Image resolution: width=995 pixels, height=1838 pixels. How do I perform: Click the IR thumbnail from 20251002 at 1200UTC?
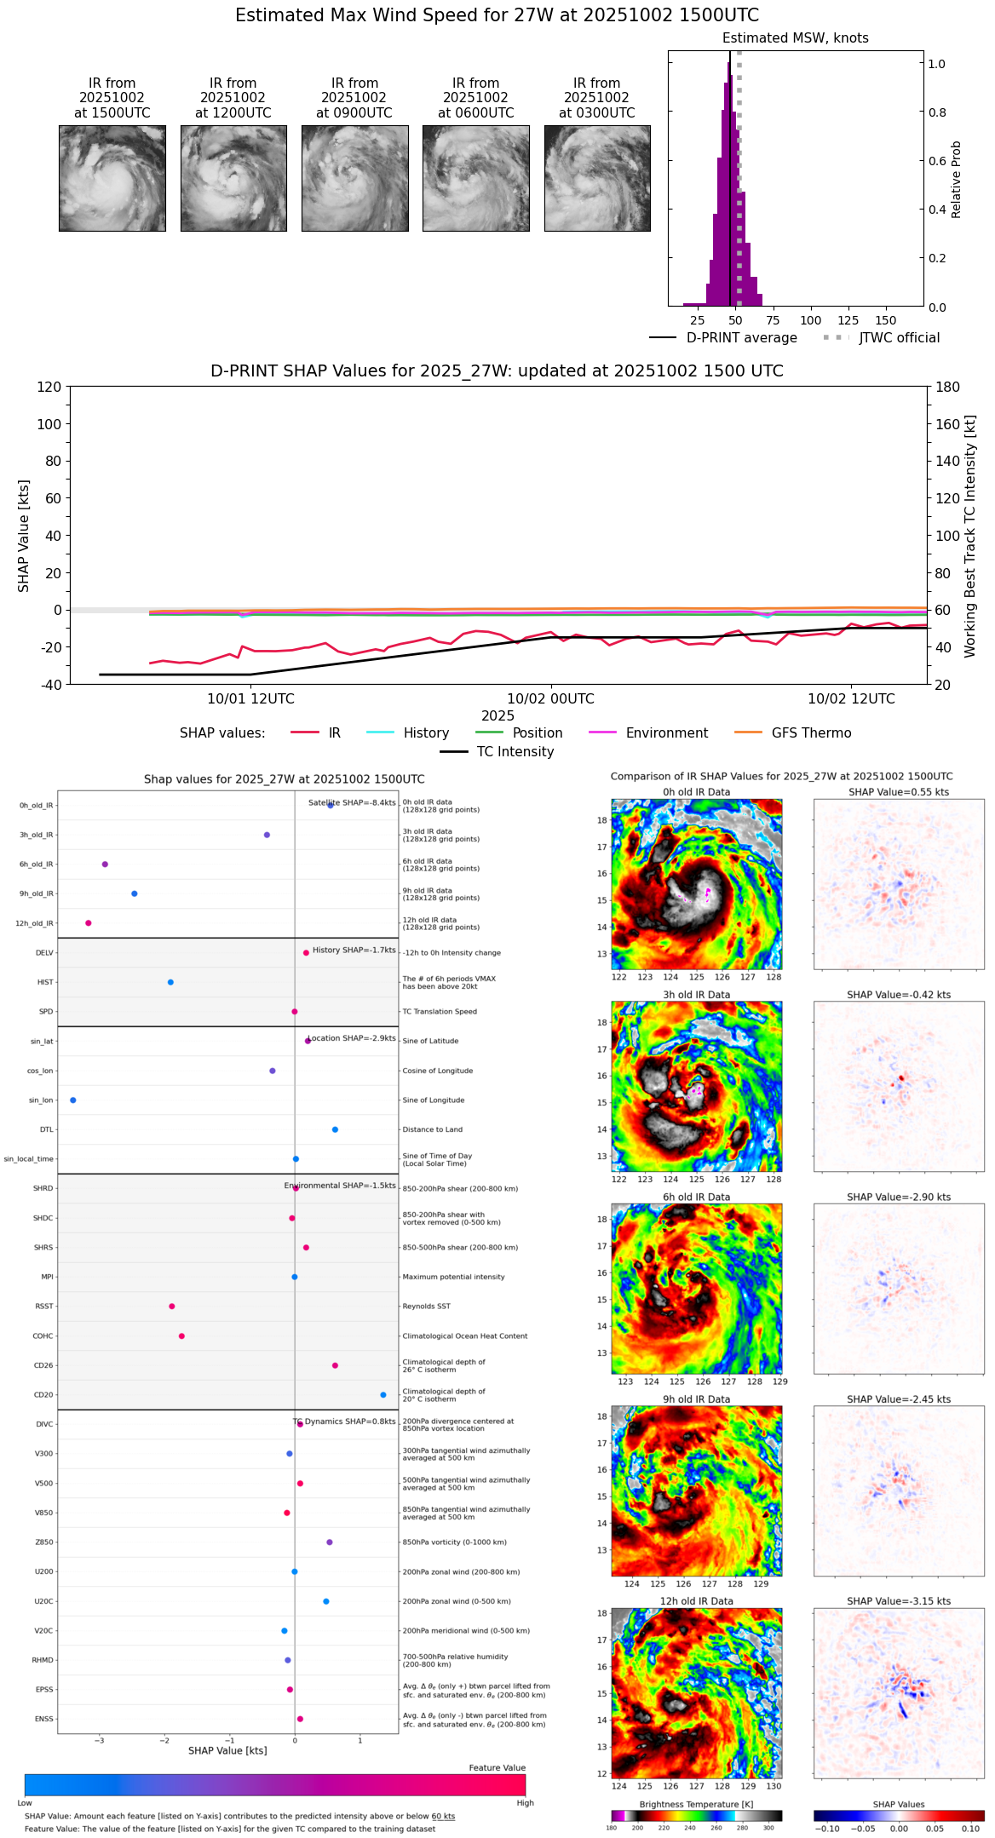[x=233, y=178]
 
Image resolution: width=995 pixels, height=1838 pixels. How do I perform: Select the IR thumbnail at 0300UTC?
[x=597, y=178]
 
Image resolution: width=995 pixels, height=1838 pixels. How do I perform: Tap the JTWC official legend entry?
[x=899, y=338]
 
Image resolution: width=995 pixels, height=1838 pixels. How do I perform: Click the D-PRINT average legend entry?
[x=741, y=338]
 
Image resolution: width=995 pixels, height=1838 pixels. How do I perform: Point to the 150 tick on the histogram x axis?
[x=886, y=321]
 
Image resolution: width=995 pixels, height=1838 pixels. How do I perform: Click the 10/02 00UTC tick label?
[x=550, y=699]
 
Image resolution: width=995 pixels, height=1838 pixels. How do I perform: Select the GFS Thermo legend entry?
[x=811, y=733]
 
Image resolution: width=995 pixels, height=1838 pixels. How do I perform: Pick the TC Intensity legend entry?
[x=515, y=752]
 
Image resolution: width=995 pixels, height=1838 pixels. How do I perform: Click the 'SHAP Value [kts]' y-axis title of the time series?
[x=24, y=536]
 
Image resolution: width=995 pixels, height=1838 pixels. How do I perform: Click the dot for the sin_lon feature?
[x=73, y=1100]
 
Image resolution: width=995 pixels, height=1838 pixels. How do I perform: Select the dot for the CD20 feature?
[x=383, y=1395]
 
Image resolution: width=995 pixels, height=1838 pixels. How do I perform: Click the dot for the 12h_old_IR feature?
[x=89, y=923]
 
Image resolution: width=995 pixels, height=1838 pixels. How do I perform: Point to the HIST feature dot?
[x=170, y=983]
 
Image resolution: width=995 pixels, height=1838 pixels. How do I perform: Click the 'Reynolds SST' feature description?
[x=426, y=1307]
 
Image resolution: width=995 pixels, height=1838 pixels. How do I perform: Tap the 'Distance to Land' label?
[x=432, y=1130]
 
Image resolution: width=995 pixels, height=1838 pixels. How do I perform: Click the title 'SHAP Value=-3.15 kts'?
[x=899, y=1602]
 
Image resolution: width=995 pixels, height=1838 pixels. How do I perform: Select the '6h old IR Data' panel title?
[x=696, y=1198]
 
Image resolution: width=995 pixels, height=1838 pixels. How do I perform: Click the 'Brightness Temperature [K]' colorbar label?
[x=696, y=1805]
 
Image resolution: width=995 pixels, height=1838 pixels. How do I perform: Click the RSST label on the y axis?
[x=44, y=1307]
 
